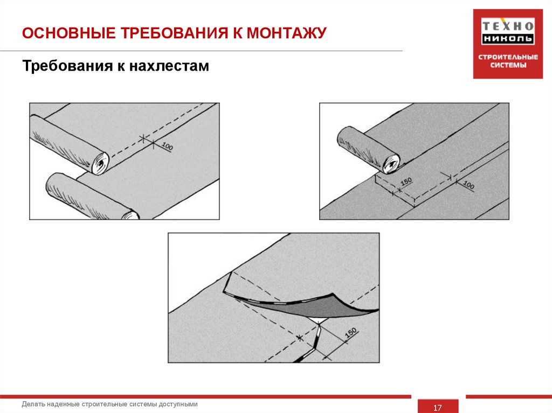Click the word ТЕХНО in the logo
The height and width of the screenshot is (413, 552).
[507, 25]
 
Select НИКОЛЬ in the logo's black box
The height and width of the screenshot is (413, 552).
[507, 39]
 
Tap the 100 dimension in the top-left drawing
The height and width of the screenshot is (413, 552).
[167, 146]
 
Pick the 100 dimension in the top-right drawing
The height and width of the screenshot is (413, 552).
[468, 186]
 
